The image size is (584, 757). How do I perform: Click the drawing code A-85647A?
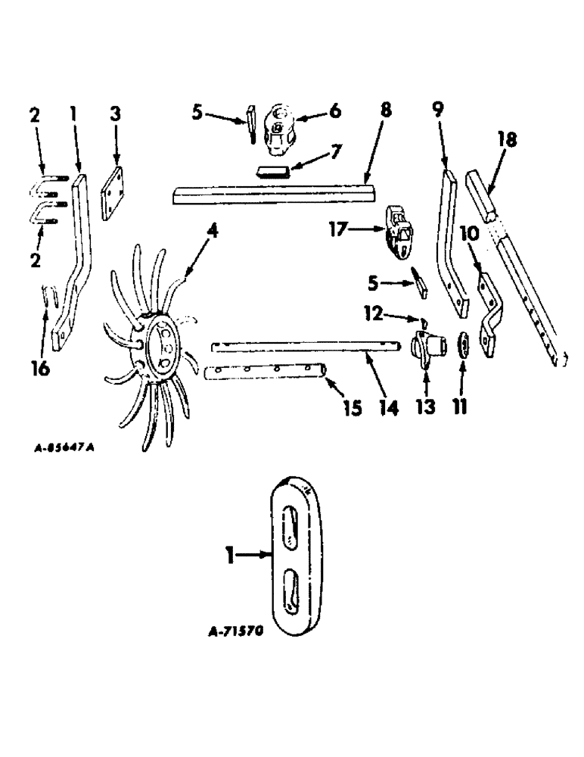click(x=64, y=447)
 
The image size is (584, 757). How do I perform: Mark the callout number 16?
click(x=41, y=369)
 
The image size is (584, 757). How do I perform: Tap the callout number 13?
click(x=424, y=407)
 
